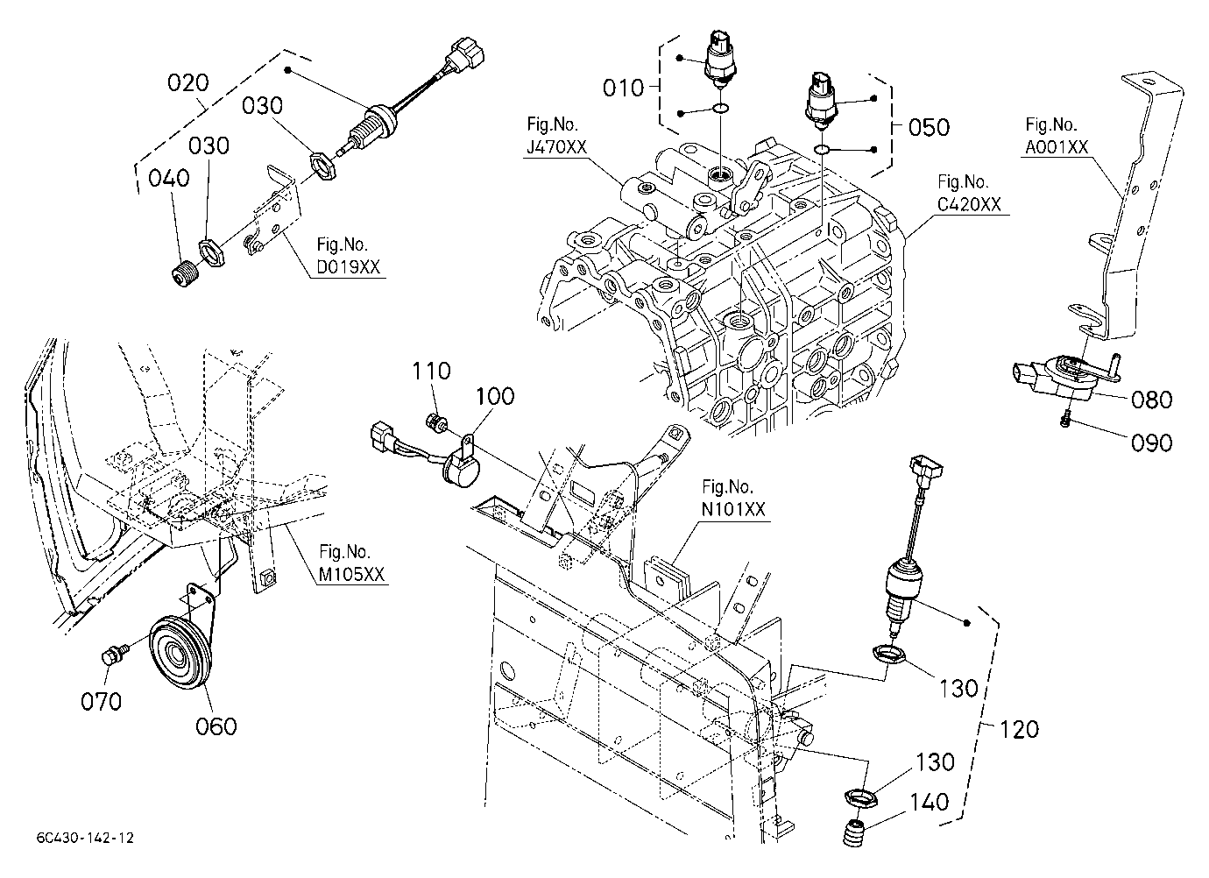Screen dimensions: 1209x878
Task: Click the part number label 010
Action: pyautogui.click(x=624, y=88)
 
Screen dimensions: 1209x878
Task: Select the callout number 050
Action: pyautogui.click(x=929, y=128)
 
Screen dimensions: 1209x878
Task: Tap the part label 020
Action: pyautogui.click(x=187, y=82)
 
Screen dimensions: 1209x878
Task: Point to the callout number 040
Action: pyautogui.click(x=169, y=178)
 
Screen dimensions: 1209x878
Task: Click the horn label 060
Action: pyautogui.click(x=216, y=726)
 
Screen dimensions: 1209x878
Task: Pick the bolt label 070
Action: pyautogui.click(x=102, y=701)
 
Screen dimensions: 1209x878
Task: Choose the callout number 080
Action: pyautogui.click(x=1152, y=400)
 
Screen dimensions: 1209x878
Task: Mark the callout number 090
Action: pyautogui.click(x=1152, y=443)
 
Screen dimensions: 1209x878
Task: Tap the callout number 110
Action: pyautogui.click(x=431, y=371)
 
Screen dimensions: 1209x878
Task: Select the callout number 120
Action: pyautogui.click(x=1020, y=730)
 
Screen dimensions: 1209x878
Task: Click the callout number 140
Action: pyautogui.click(x=930, y=803)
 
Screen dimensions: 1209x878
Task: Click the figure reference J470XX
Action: pyautogui.click(x=556, y=147)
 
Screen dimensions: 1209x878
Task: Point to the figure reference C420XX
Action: pyautogui.click(x=969, y=205)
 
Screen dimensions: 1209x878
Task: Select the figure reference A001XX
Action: pyautogui.click(x=1057, y=147)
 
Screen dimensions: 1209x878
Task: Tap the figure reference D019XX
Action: pyautogui.click(x=349, y=267)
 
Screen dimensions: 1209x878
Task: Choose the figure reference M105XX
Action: pyautogui.click(x=351, y=574)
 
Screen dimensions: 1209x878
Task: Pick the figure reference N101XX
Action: pyautogui.click(x=733, y=509)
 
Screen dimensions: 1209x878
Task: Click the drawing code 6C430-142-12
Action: pyautogui.click(x=85, y=838)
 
